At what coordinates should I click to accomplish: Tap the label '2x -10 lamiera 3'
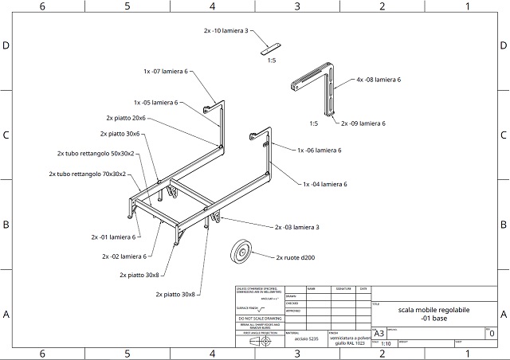pos(226,31)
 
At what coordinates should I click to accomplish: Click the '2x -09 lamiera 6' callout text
pos(363,123)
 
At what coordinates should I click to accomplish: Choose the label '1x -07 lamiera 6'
pos(166,72)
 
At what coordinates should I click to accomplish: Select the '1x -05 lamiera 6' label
pos(155,102)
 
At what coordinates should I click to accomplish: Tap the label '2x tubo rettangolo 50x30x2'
pos(96,153)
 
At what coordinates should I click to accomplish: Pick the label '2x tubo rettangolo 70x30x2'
pos(87,174)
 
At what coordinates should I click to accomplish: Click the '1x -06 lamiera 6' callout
pos(319,150)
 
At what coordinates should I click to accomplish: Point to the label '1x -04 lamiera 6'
pos(324,184)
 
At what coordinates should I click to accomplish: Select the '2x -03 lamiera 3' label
pos(296,228)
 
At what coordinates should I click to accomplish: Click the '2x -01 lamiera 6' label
pos(115,237)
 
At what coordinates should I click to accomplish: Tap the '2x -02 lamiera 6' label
pos(124,256)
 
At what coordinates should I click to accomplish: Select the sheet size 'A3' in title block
pos(379,333)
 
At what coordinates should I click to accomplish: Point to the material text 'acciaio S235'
pos(305,339)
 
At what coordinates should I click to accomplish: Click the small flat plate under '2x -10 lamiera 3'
pos(272,48)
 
